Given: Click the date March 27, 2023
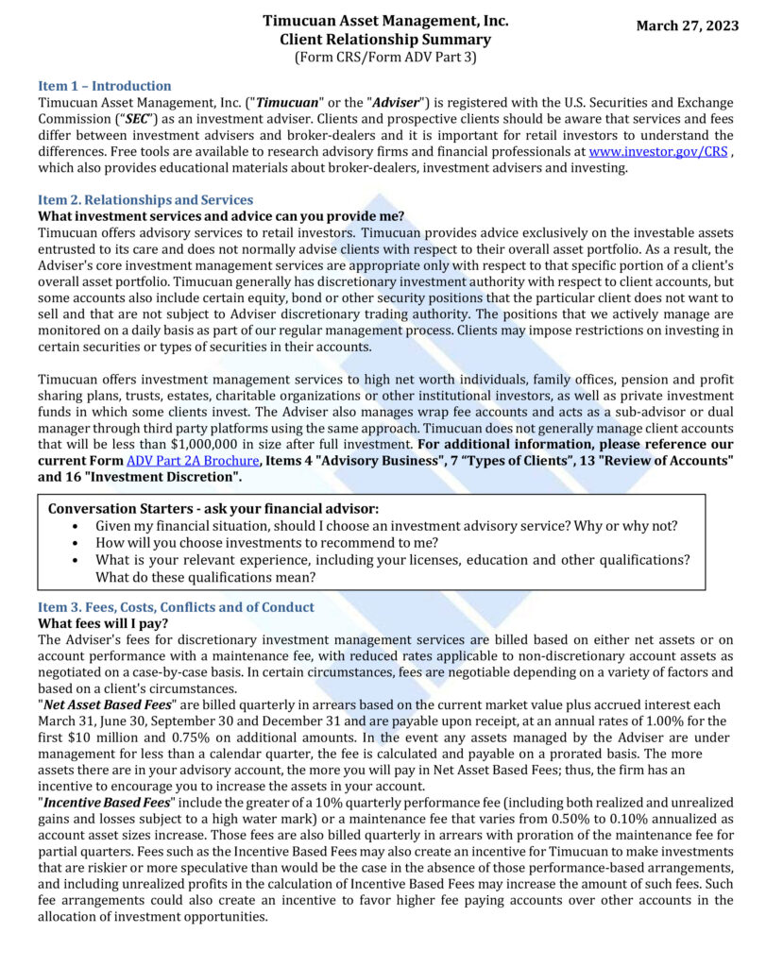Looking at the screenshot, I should coord(687,25).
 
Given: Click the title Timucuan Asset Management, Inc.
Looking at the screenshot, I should coord(385,21).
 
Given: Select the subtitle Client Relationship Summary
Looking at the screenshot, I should coord(385,40).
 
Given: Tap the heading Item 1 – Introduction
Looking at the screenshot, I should coord(104,86).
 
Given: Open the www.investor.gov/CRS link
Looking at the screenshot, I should coord(657,151).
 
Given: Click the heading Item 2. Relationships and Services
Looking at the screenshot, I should coord(145,200).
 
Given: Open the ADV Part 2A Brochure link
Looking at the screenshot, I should coord(193,460).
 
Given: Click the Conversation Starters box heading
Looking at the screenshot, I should coord(213,509).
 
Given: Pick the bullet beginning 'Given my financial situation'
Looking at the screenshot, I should coord(386,526).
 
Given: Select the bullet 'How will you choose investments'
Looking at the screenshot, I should coord(266,543).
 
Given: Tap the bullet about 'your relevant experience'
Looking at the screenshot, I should coord(392,560).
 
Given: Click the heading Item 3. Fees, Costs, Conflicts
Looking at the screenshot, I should coord(176,607).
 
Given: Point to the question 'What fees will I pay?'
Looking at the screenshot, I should coord(103,623).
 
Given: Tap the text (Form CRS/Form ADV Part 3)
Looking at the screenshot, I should coord(385,57).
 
